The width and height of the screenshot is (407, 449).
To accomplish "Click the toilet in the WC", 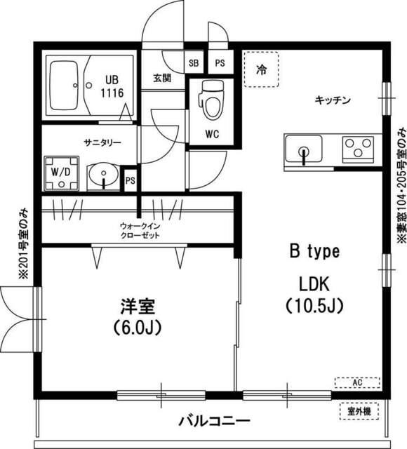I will tap(210, 100).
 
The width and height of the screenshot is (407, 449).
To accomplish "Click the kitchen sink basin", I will tap(304, 150).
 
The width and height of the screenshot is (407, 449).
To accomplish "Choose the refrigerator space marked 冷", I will tap(261, 69).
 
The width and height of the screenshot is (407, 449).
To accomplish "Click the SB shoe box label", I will tap(193, 62).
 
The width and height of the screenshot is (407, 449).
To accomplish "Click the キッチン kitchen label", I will tap(332, 101).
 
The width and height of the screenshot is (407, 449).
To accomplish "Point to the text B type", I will tap(316, 250).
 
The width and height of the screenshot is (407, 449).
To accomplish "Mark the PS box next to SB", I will tap(220, 62).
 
